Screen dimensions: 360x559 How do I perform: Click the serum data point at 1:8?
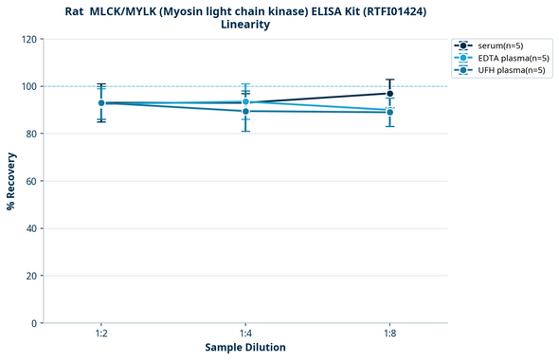389,93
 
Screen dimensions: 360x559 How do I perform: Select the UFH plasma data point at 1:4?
245,111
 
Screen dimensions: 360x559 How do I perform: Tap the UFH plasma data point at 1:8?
389,112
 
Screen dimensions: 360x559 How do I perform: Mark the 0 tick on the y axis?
33,323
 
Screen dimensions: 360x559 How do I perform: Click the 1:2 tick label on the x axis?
101,334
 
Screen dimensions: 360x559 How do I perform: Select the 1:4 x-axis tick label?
245,334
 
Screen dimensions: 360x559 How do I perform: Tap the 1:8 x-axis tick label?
389,334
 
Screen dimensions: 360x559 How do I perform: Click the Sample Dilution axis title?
245,348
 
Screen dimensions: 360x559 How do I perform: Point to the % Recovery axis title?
10,181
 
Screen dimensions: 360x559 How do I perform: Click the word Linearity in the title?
245,25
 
